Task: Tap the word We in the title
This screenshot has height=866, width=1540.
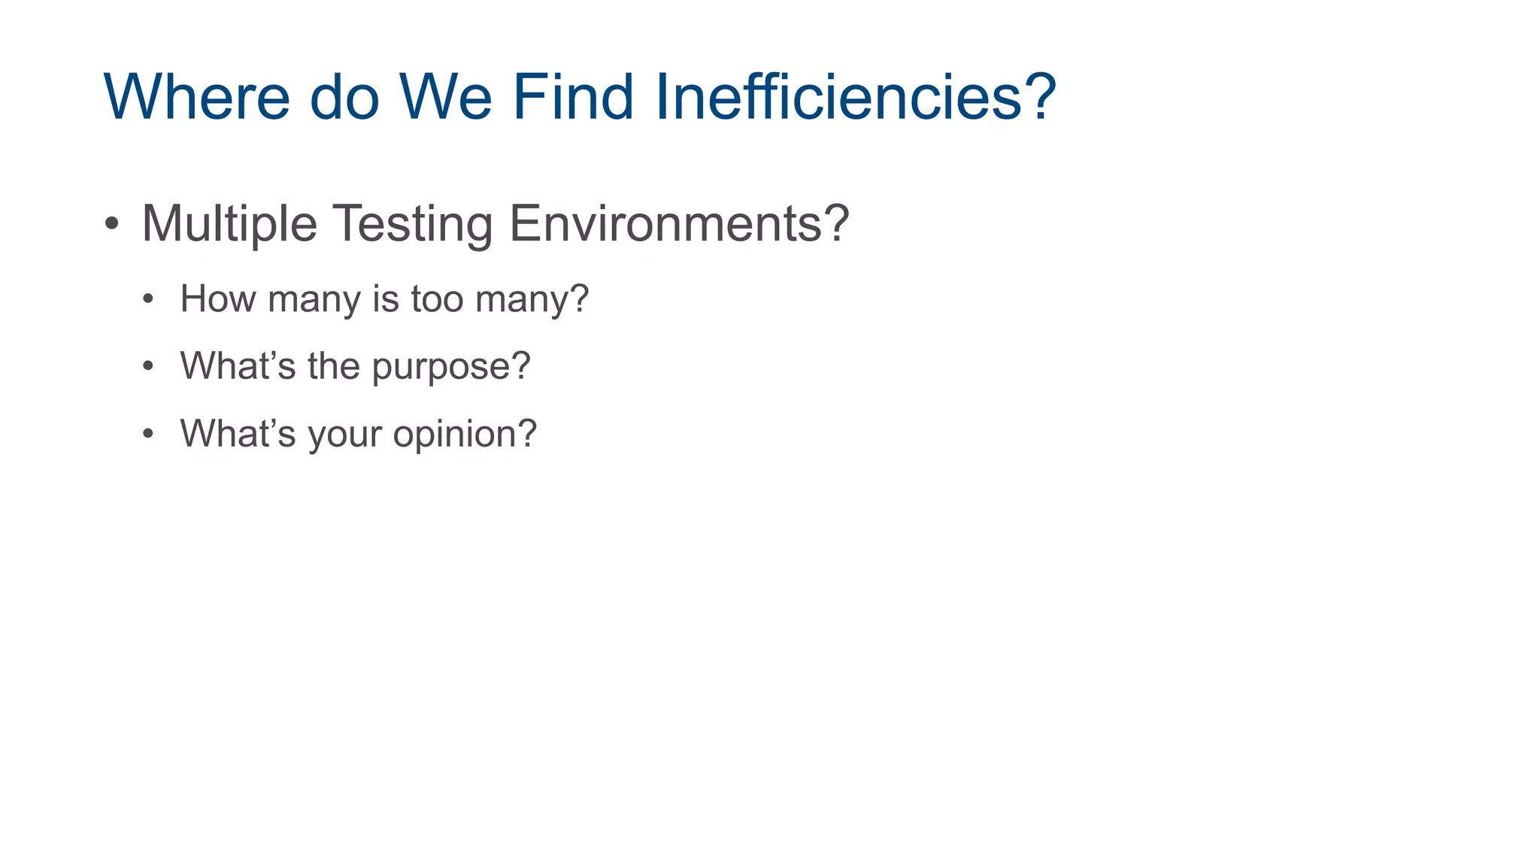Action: (445, 97)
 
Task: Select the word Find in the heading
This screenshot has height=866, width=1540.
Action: (573, 97)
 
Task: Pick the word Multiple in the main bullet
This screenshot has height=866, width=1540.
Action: (229, 224)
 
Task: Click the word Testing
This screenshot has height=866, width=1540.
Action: (412, 224)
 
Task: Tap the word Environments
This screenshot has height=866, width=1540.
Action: (664, 224)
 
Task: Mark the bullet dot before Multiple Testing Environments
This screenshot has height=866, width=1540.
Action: (112, 223)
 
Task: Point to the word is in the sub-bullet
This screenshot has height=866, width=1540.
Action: (385, 299)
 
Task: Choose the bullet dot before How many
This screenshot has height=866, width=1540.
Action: (148, 299)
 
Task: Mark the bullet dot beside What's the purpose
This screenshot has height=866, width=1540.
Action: (148, 367)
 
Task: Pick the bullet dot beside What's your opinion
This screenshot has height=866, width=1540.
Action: (148, 434)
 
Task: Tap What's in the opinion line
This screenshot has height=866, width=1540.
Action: (238, 434)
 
